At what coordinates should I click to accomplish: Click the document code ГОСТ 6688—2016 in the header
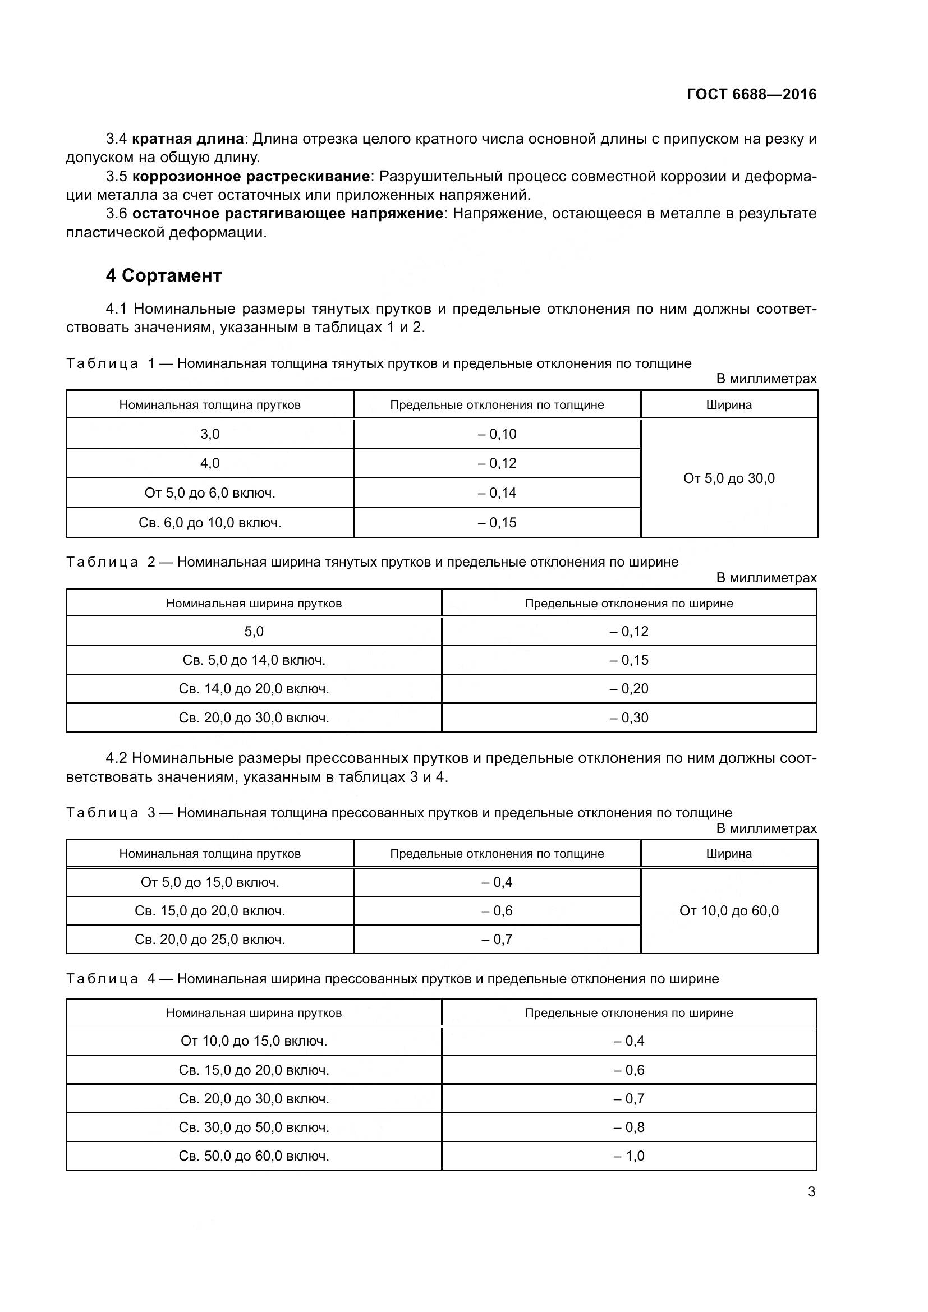click(x=751, y=94)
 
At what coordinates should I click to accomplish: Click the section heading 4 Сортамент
click(x=163, y=275)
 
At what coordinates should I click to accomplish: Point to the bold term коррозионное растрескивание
click(x=251, y=176)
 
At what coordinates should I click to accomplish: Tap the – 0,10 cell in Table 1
click(x=497, y=434)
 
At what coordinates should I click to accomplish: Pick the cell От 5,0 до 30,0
click(x=729, y=478)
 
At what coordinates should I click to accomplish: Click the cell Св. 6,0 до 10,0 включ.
click(x=210, y=522)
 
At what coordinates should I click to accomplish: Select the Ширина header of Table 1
click(x=729, y=404)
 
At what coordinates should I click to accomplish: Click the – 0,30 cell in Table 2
click(x=628, y=718)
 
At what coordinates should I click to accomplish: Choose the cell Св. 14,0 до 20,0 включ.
click(x=254, y=689)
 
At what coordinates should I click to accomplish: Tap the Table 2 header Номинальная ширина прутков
click(x=254, y=604)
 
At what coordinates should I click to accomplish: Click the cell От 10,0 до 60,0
click(x=729, y=910)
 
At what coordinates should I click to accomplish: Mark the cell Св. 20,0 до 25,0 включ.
click(x=210, y=940)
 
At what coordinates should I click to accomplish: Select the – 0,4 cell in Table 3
click(x=497, y=882)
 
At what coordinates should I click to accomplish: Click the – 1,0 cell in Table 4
click(x=628, y=1156)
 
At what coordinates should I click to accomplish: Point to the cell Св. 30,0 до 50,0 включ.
click(x=254, y=1127)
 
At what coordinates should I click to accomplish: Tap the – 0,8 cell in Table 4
click(x=628, y=1127)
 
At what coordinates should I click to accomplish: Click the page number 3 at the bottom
click(x=811, y=1192)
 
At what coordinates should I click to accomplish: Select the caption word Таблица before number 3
click(x=102, y=813)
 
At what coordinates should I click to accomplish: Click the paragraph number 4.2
click(x=117, y=758)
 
